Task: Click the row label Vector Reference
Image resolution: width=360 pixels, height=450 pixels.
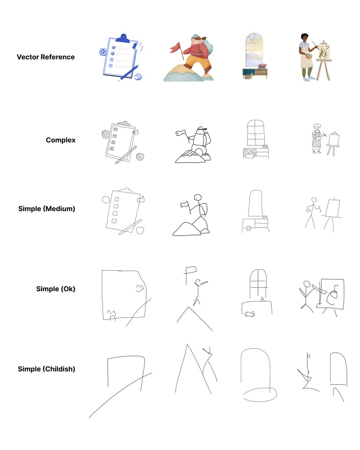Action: [46, 57]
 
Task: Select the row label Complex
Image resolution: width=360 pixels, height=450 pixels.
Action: [61, 140]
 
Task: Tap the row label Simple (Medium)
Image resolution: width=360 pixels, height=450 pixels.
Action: [47, 209]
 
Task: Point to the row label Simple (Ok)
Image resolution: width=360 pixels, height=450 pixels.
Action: [56, 289]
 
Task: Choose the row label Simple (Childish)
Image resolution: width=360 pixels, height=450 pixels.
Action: [47, 369]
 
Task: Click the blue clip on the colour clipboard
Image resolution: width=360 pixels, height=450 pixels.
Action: [124, 38]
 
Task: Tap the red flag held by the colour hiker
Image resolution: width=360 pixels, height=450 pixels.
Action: [175, 47]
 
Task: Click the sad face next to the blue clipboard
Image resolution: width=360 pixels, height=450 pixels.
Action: [103, 52]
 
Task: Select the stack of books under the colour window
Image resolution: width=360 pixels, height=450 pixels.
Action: [262, 66]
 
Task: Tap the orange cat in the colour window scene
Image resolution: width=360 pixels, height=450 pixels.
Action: [249, 76]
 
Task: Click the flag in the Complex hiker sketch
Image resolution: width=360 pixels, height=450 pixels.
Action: [180, 133]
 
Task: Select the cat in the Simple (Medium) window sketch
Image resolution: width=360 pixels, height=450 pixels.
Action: [248, 229]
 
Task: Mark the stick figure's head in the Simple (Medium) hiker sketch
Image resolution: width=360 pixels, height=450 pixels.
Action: [197, 197]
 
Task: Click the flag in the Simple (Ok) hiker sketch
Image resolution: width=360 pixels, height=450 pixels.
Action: [191, 270]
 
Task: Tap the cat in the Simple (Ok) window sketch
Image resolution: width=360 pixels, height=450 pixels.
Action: [250, 314]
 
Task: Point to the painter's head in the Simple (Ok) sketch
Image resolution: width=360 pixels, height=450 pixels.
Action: [307, 284]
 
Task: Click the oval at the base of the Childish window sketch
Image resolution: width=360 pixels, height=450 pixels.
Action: [260, 395]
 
